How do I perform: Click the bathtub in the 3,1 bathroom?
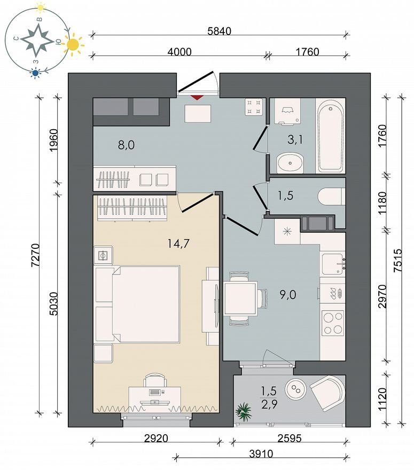[x=330, y=136]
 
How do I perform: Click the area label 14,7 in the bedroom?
[x=178, y=244]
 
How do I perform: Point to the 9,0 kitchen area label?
[x=288, y=295]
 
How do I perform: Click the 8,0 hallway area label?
[x=126, y=145]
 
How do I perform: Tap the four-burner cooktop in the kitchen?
[x=332, y=323]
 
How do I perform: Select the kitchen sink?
[x=332, y=264]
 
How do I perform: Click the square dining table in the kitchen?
[x=241, y=298]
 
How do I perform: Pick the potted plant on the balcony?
[x=243, y=412]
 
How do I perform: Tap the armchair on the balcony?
[x=327, y=393]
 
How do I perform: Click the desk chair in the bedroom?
[x=155, y=380]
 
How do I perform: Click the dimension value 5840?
[x=220, y=31]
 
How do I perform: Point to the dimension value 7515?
[x=397, y=260]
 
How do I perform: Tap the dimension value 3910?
[x=261, y=454]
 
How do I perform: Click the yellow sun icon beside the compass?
[x=73, y=45]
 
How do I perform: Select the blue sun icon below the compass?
[x=36, y=73]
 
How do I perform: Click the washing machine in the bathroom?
[x=288, y=111]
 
